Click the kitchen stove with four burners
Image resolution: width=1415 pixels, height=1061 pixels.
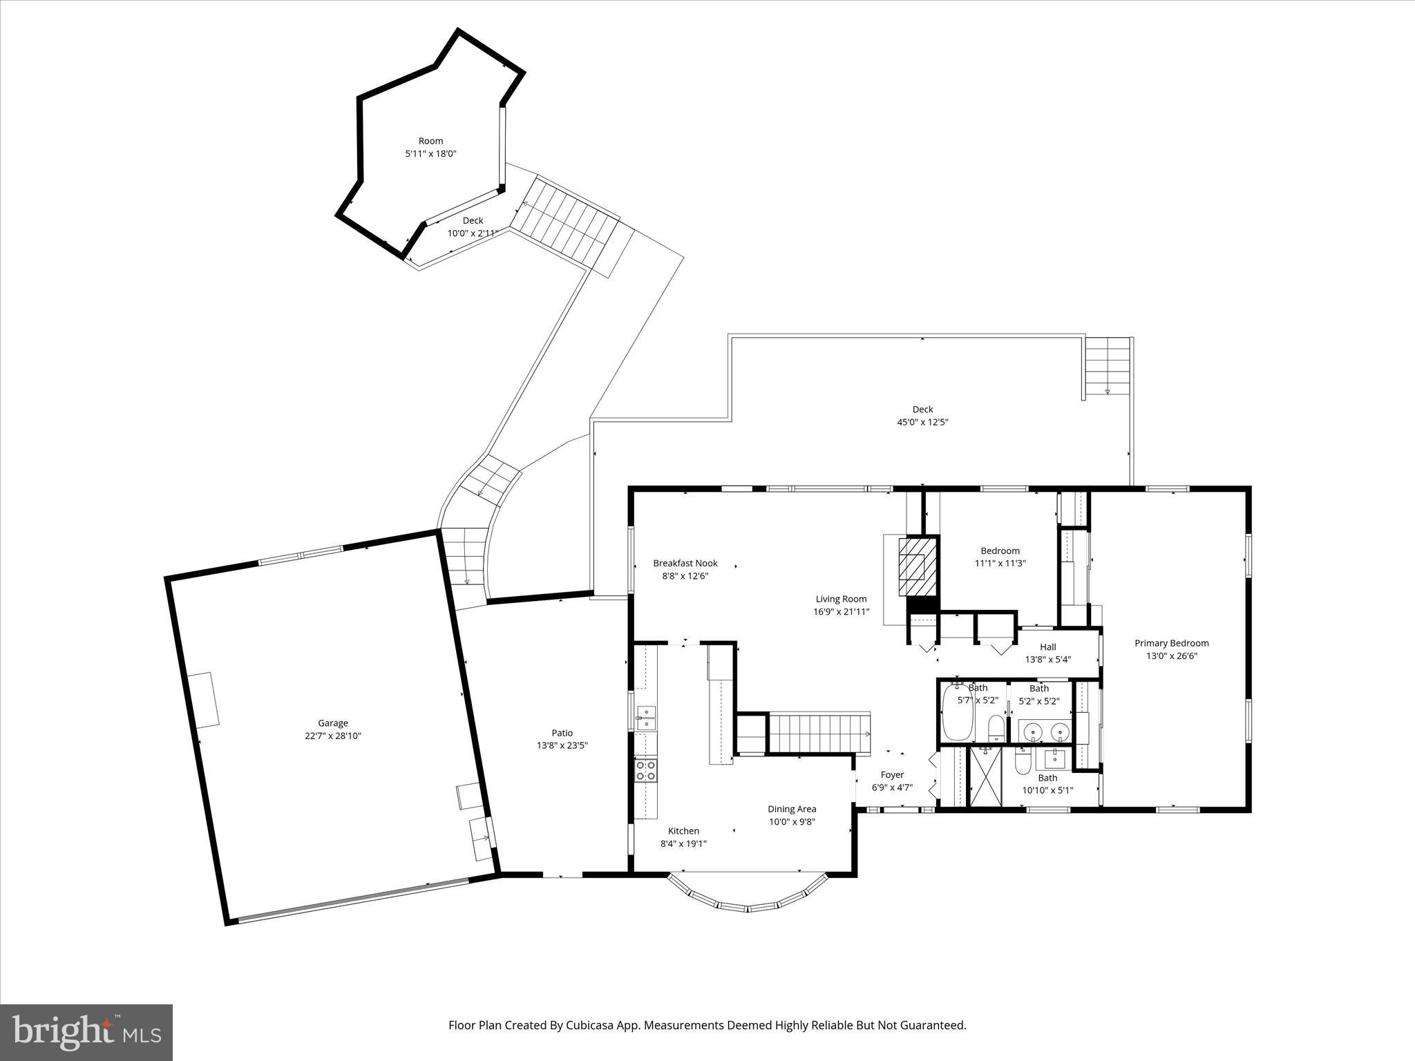pyautogui.click(x=646, y=770)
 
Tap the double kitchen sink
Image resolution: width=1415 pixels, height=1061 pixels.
pyautogui.click(x=646, y=718)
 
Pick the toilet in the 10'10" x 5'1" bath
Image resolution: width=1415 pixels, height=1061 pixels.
pyautogui.click(x=1023, y=762)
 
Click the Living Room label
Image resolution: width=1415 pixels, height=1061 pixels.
pyautogui.click(x=841, y=599)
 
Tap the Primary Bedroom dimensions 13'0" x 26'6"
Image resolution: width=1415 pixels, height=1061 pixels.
pyautogui.click(x=1171, y=656)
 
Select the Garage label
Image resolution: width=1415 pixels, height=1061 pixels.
pyautogui.click(x=333, y=723)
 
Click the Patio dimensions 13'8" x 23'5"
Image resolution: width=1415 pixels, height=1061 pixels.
pyautogui.click(x=562, y=745)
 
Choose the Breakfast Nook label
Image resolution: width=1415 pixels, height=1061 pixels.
pyautogui.click(x=685, y=563)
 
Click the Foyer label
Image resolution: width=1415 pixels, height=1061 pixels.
pyautogui.click(x=892, y=775)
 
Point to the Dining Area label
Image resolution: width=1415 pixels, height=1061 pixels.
pyautogui.click(x=792, y=809)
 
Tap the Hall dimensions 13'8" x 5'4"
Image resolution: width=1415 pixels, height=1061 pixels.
pyautogui.click(x=1047, y=660)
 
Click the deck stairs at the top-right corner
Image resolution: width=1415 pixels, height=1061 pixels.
pyautogui.click(x=1107, y=368)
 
